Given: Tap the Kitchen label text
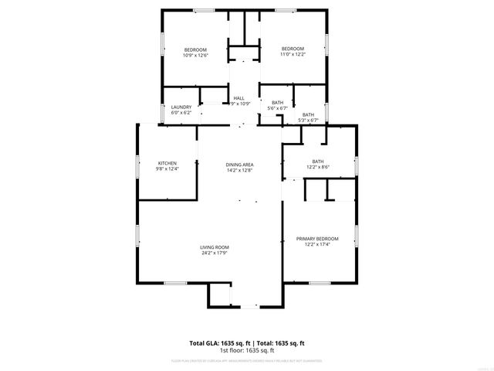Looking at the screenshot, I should point(167,163).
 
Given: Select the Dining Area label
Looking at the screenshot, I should point(239,165).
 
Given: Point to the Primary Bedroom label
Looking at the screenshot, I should point(317,239).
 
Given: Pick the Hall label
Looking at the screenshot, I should point(239,98).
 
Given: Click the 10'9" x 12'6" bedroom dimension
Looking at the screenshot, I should point(195,55).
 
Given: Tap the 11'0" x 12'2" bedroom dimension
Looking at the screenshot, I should point(293,54).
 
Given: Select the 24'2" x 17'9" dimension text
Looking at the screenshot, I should point(215,253).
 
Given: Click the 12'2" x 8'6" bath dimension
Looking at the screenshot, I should point(317,167).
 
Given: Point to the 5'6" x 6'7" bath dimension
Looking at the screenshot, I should point(277,108).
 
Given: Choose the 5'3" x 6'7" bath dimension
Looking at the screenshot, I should point(308,120).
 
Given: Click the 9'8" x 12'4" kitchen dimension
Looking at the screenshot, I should point(167,168).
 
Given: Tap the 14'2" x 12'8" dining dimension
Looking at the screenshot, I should point(239,170).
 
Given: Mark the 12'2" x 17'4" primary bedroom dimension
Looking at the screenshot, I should point(317,244).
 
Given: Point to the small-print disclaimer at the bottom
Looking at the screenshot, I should point(247,360).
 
